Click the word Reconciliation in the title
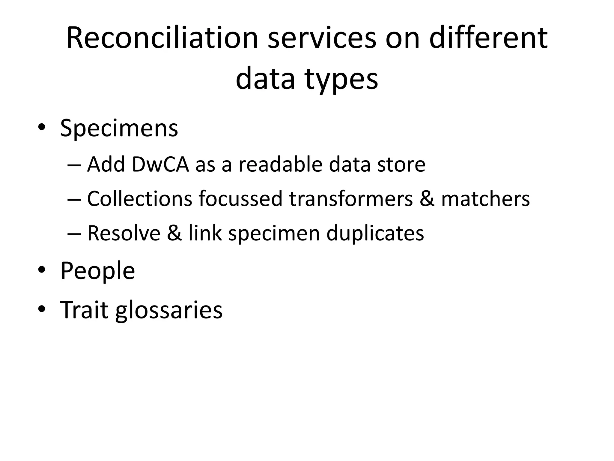162,38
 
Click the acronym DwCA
160,164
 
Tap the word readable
280,164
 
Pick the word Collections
140,199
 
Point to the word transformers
351,199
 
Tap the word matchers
486,199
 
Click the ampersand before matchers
427,199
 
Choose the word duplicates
375,233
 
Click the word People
98,271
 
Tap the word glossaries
169,310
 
